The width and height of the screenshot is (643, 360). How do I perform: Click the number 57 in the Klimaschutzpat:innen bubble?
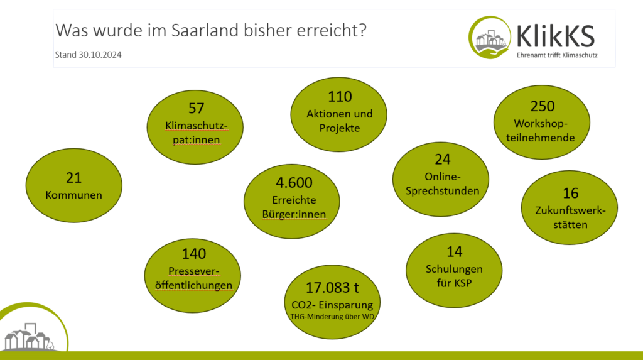pyautogui.click(x=196, y=108)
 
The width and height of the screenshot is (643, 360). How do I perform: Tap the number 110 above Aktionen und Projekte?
pyautogui.click(x=340, y=97)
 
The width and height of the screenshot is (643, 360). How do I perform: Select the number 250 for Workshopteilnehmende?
pyautogui.click(x=542, y=106)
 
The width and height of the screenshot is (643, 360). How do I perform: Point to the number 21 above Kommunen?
pyautogui.click(x=74, y=178)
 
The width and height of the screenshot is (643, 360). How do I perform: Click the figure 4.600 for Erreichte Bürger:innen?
pyautogui.click(x=294, y=183)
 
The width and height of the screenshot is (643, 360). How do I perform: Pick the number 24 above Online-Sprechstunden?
pyautogui.click(x=443, y=160)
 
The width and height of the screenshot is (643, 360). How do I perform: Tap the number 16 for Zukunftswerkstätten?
pyautogui.click(x=570, y=193)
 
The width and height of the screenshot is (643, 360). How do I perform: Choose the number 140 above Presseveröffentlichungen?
pyautogui.click(x=193, y=254)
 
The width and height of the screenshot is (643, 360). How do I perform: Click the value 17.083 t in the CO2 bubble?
pyautogui.click(x=332, y=288)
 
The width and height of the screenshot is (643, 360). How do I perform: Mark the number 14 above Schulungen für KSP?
pyautogui.click(x=455, y=252)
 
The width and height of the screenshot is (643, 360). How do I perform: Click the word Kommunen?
pyautogui.click(x=74, y=195)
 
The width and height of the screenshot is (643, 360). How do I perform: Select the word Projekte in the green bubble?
pyautogui.click(x=340, y=128)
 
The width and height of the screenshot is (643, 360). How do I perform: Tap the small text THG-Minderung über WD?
pyautogui.click(x=332, y=317)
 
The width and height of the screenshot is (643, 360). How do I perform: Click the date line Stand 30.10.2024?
pyautogui.click(x=88, y=55)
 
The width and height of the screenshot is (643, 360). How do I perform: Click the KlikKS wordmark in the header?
pyautogui.click(x=556, y=36)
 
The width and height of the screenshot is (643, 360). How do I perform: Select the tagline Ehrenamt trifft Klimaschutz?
pyautogui.click(x=557, y=55)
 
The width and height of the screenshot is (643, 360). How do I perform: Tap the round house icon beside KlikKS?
pyautogui.click(x=490, y=37)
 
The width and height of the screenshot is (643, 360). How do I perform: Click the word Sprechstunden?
pyautogui.click(x=443, y=191)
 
